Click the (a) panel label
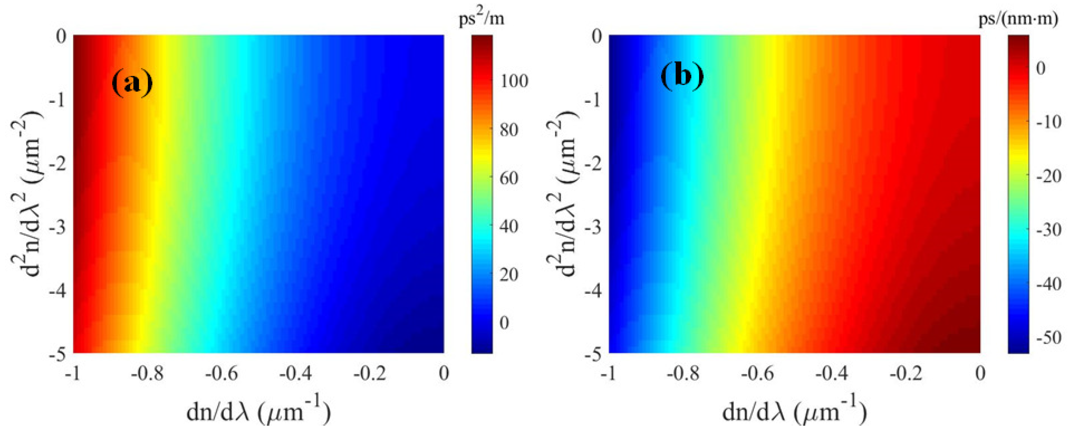point(132,83)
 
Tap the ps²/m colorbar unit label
point(481,19)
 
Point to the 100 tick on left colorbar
point(514,81)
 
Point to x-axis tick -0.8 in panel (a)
point(147,374)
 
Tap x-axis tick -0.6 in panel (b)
point(757,374)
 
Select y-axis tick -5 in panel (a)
point(58,355)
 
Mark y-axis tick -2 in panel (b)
point(593,164)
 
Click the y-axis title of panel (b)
point(562,194)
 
